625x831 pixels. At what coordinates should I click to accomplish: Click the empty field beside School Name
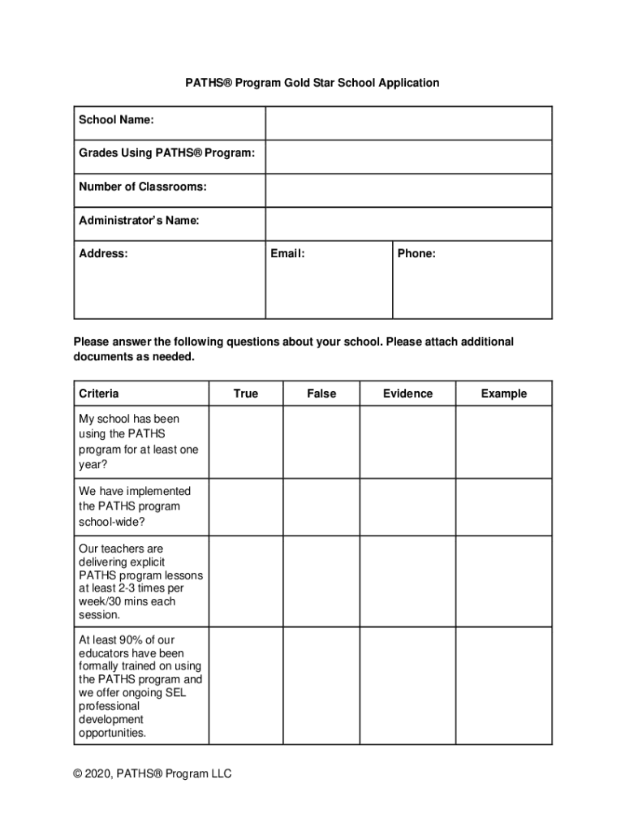coord(408,123)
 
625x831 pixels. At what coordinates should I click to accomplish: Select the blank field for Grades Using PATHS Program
coord(408,157)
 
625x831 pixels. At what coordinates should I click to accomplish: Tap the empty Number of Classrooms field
coord(408,191)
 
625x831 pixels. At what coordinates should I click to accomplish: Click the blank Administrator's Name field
coord(408,224)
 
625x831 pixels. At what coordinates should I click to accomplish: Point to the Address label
coord(103,254)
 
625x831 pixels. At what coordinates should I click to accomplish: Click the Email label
coord(287,254)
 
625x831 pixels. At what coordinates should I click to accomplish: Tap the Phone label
coord(416,254)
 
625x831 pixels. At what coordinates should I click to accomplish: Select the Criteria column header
coord(99,394)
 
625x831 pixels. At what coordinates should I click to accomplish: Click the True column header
coord(245,394)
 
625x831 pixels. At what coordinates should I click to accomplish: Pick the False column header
coord(321,394)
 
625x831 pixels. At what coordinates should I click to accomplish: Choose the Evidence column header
coord(407,394)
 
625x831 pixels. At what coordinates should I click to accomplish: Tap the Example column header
coord(503,394)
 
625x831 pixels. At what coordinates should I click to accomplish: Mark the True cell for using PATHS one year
coord(245,441)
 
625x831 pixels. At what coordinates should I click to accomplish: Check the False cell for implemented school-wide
coord(321,506)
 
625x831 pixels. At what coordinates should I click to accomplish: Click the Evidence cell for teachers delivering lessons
coord(407,581)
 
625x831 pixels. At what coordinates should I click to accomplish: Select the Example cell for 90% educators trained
coord(503,686)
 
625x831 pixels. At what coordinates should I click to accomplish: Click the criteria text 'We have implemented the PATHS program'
coord(135,499)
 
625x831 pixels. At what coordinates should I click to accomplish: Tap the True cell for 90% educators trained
coord(245,686)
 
